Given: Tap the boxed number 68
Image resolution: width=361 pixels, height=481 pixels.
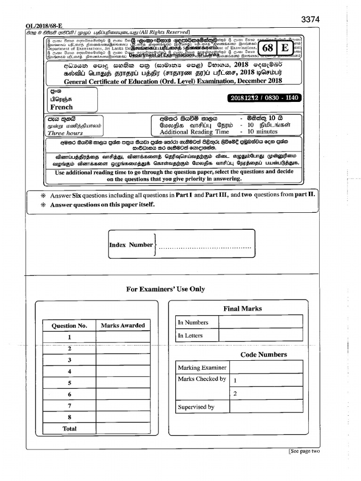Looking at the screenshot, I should pyautogui.click(x=267, y=48).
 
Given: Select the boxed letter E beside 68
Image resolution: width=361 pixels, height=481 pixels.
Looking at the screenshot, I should pyautogui.click(x=284, y=48).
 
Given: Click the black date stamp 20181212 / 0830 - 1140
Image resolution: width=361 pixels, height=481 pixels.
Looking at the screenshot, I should pyautogui.click(x=264, y=98).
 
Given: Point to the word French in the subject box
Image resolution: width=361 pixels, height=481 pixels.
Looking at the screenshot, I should pyautogui.click(x=62, y=107).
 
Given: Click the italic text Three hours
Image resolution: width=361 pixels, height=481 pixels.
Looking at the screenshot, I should pyautogui.click(x=65, y=133).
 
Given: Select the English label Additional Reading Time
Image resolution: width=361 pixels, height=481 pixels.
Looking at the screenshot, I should pyautogui.click(x=194, y=132).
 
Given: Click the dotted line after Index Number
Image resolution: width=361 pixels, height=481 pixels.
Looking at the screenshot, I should pyautogui.click(x=204, y=248).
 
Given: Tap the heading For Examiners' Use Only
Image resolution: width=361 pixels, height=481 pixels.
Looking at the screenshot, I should pyautogui.click(x=165, y=289).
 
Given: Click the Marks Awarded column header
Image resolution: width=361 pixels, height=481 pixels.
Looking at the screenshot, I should pyautogui.click(x=123, y=326).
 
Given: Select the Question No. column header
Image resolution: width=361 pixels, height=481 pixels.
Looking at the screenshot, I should pyautogui.click(x=69, y=326).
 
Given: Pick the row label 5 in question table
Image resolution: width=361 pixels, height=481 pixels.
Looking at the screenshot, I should pyautogui.click(x=69, y=383).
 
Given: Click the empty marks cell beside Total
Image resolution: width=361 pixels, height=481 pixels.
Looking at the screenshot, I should pyautogui.click(x=123, y=428).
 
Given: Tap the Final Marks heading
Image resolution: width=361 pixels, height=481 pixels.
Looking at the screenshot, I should pyautogui.click(x=243, y=309).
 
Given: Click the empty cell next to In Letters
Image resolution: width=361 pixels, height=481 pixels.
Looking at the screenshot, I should pyautogui.click(x=260, y=335).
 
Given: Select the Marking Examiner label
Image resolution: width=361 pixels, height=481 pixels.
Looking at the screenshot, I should pyautogui.click(x=202, y=367).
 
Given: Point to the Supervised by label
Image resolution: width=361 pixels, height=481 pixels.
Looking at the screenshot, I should pyautogui.click(x=196, y=407).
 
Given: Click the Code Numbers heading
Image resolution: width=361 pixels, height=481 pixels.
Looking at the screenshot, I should pyautogui.click(x=263, y=355).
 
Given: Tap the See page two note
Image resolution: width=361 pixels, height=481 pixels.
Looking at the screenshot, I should pyautogui.click(x=304, y=451).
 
